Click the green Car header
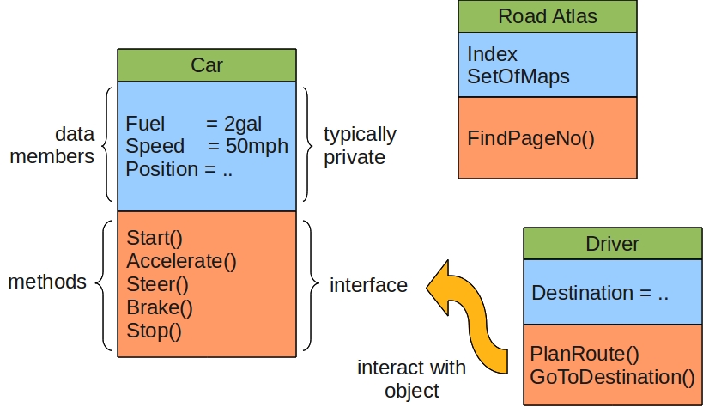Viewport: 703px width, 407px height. coord(206,65)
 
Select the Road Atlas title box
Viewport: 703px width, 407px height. coord(547,16)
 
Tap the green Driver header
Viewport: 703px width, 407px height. coord(612,243)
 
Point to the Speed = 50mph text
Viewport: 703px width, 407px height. coord(206,146)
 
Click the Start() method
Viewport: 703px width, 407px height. coord(155,238)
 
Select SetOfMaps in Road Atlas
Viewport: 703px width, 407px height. coord(518,76)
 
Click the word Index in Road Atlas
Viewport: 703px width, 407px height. coord(492,54)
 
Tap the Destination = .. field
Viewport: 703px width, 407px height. coord(600,292)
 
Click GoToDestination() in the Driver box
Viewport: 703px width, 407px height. coord(612,375)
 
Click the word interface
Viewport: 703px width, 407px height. coord(368,284)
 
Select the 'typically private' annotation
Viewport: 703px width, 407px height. coord(360,146)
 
